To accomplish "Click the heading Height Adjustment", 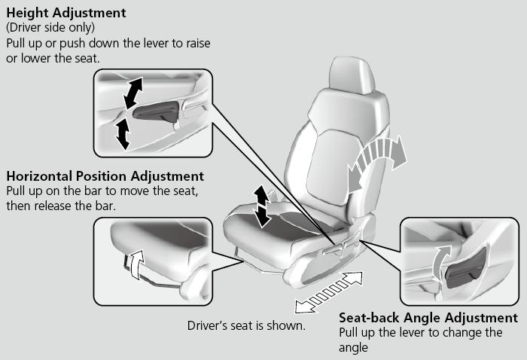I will pyautogui.click(x=66, y=14).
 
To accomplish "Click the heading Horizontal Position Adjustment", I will pyautogui.click(x=105, y=176).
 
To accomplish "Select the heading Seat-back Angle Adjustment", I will pyautogui.click(x=428, y=318).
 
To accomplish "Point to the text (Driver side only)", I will pyautogui.click(x=48, y=28).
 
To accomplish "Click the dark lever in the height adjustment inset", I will pyautogui.click(x=157, y=112).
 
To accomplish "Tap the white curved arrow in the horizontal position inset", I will pyautogui.click(x=136, y=264).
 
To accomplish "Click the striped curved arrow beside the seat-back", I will pyautogui.click(x=377, y=159).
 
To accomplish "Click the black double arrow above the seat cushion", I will pyautogui.click(x=261, y=206).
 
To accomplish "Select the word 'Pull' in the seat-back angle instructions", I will pyautogui.click(x=350, y=332).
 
